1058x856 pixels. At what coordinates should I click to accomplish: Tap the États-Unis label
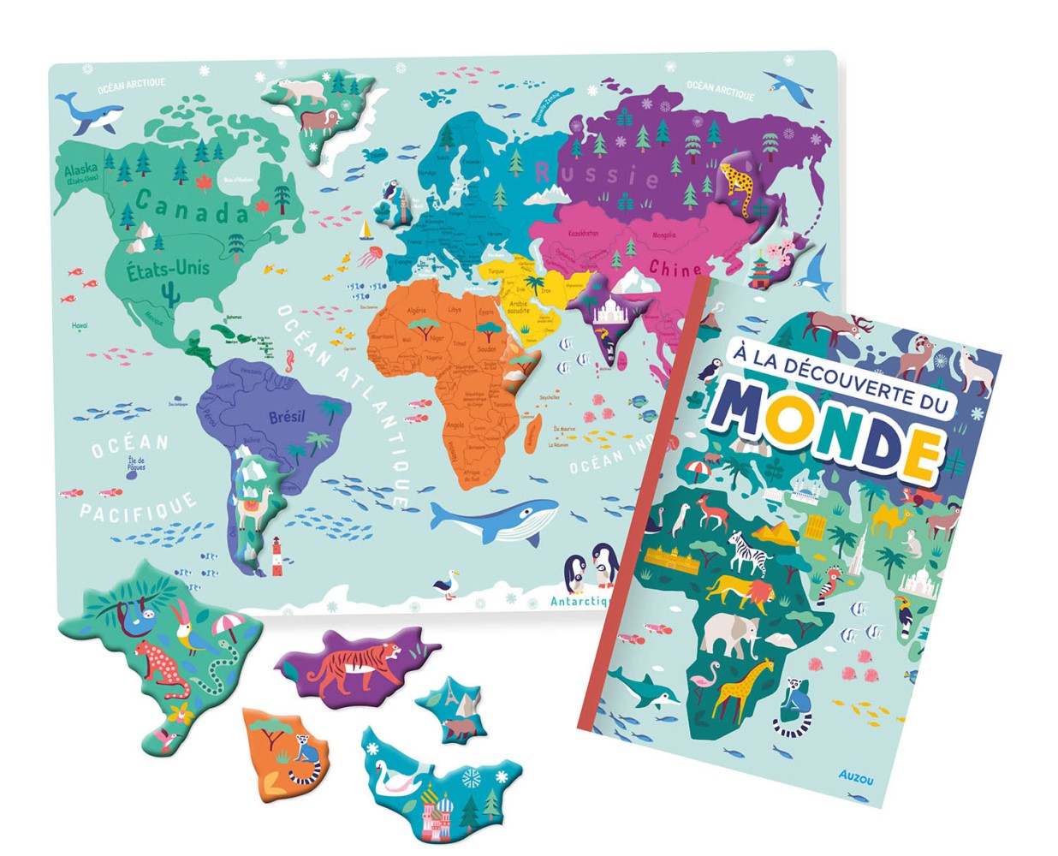coord(168,270)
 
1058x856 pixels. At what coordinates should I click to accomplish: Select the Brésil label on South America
coord(286,418)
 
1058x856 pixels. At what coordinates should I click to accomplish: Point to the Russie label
coord(597,174)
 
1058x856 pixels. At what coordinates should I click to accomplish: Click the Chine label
coord(675,269)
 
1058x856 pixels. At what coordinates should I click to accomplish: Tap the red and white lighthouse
coord(276,556)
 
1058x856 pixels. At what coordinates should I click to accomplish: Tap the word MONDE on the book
coord(826,427)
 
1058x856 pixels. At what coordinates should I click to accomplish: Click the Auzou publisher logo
coord(856,776)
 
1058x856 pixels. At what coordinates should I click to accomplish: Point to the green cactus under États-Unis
coord(169,294)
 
